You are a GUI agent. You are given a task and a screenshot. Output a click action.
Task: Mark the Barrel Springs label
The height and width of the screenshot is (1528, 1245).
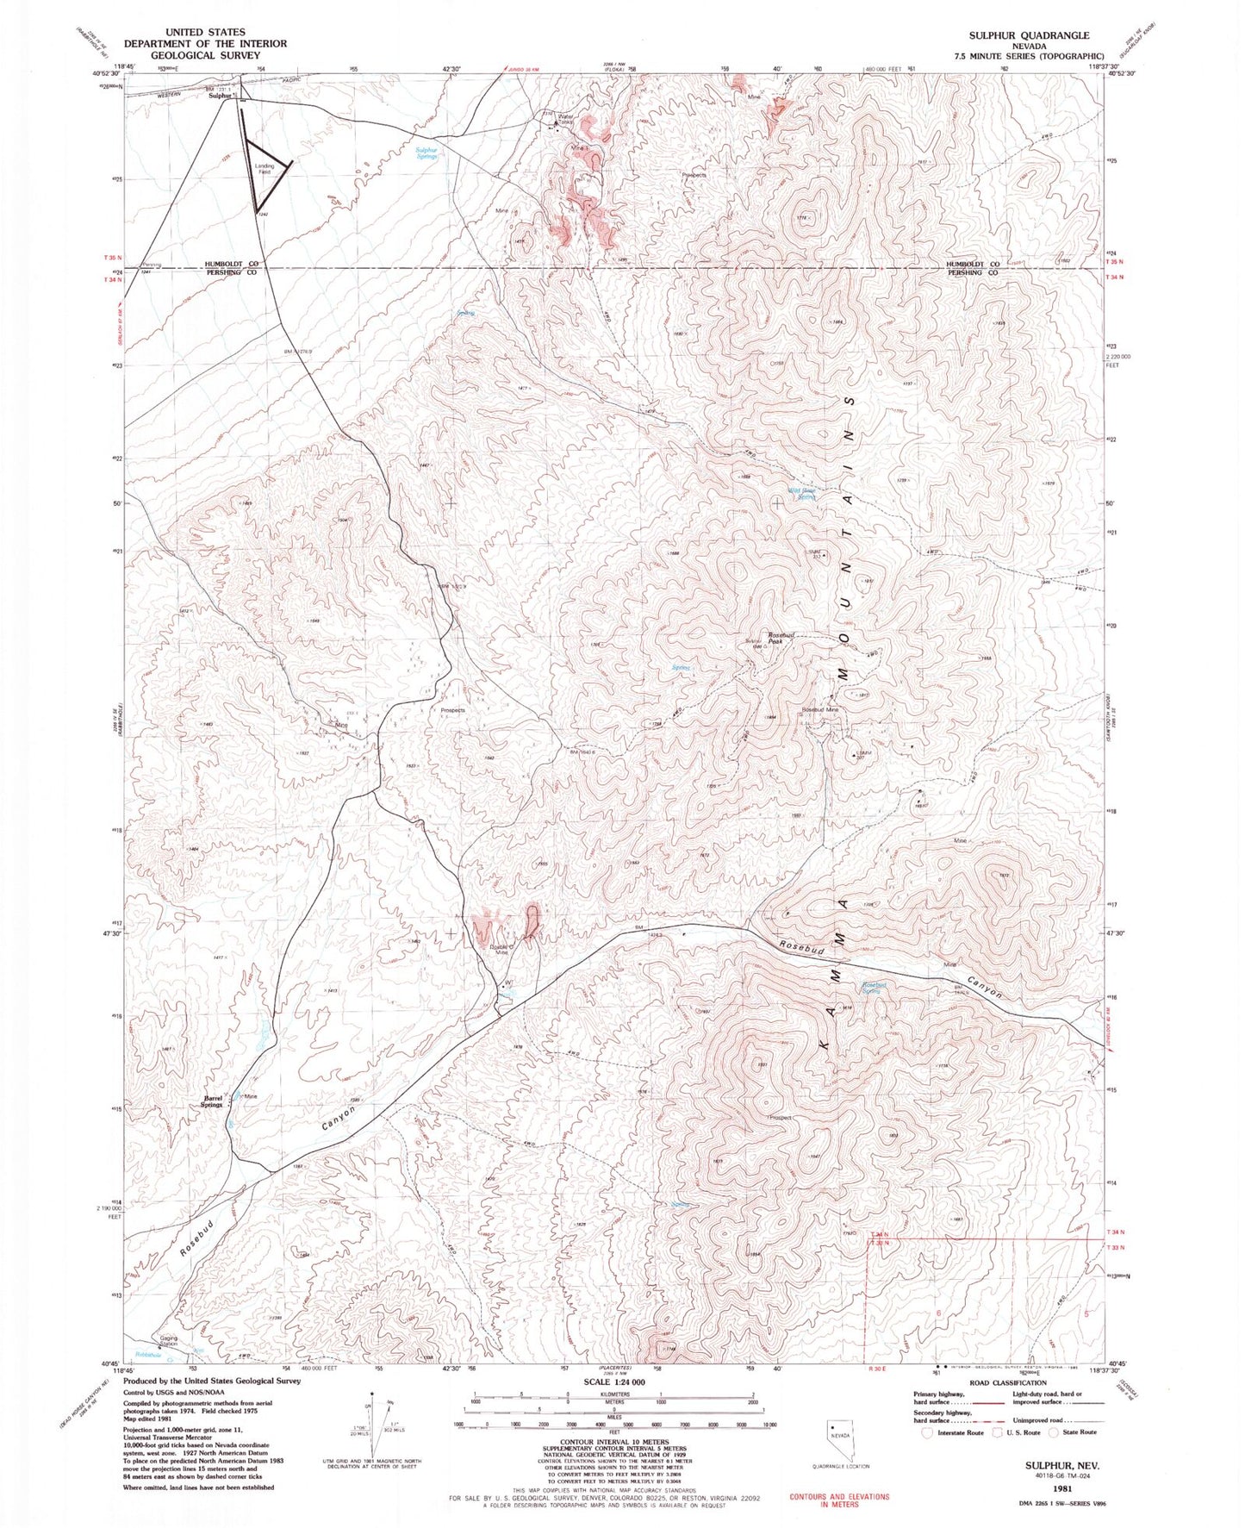[214, 1101]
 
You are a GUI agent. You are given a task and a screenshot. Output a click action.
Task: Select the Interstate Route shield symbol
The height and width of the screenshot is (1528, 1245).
[927, 1432]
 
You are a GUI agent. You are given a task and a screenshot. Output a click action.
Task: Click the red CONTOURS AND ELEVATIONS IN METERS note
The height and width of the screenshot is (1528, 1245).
[839, 1500]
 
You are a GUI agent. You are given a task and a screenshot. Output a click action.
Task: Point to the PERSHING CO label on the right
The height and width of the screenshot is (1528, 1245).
[973, 272]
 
